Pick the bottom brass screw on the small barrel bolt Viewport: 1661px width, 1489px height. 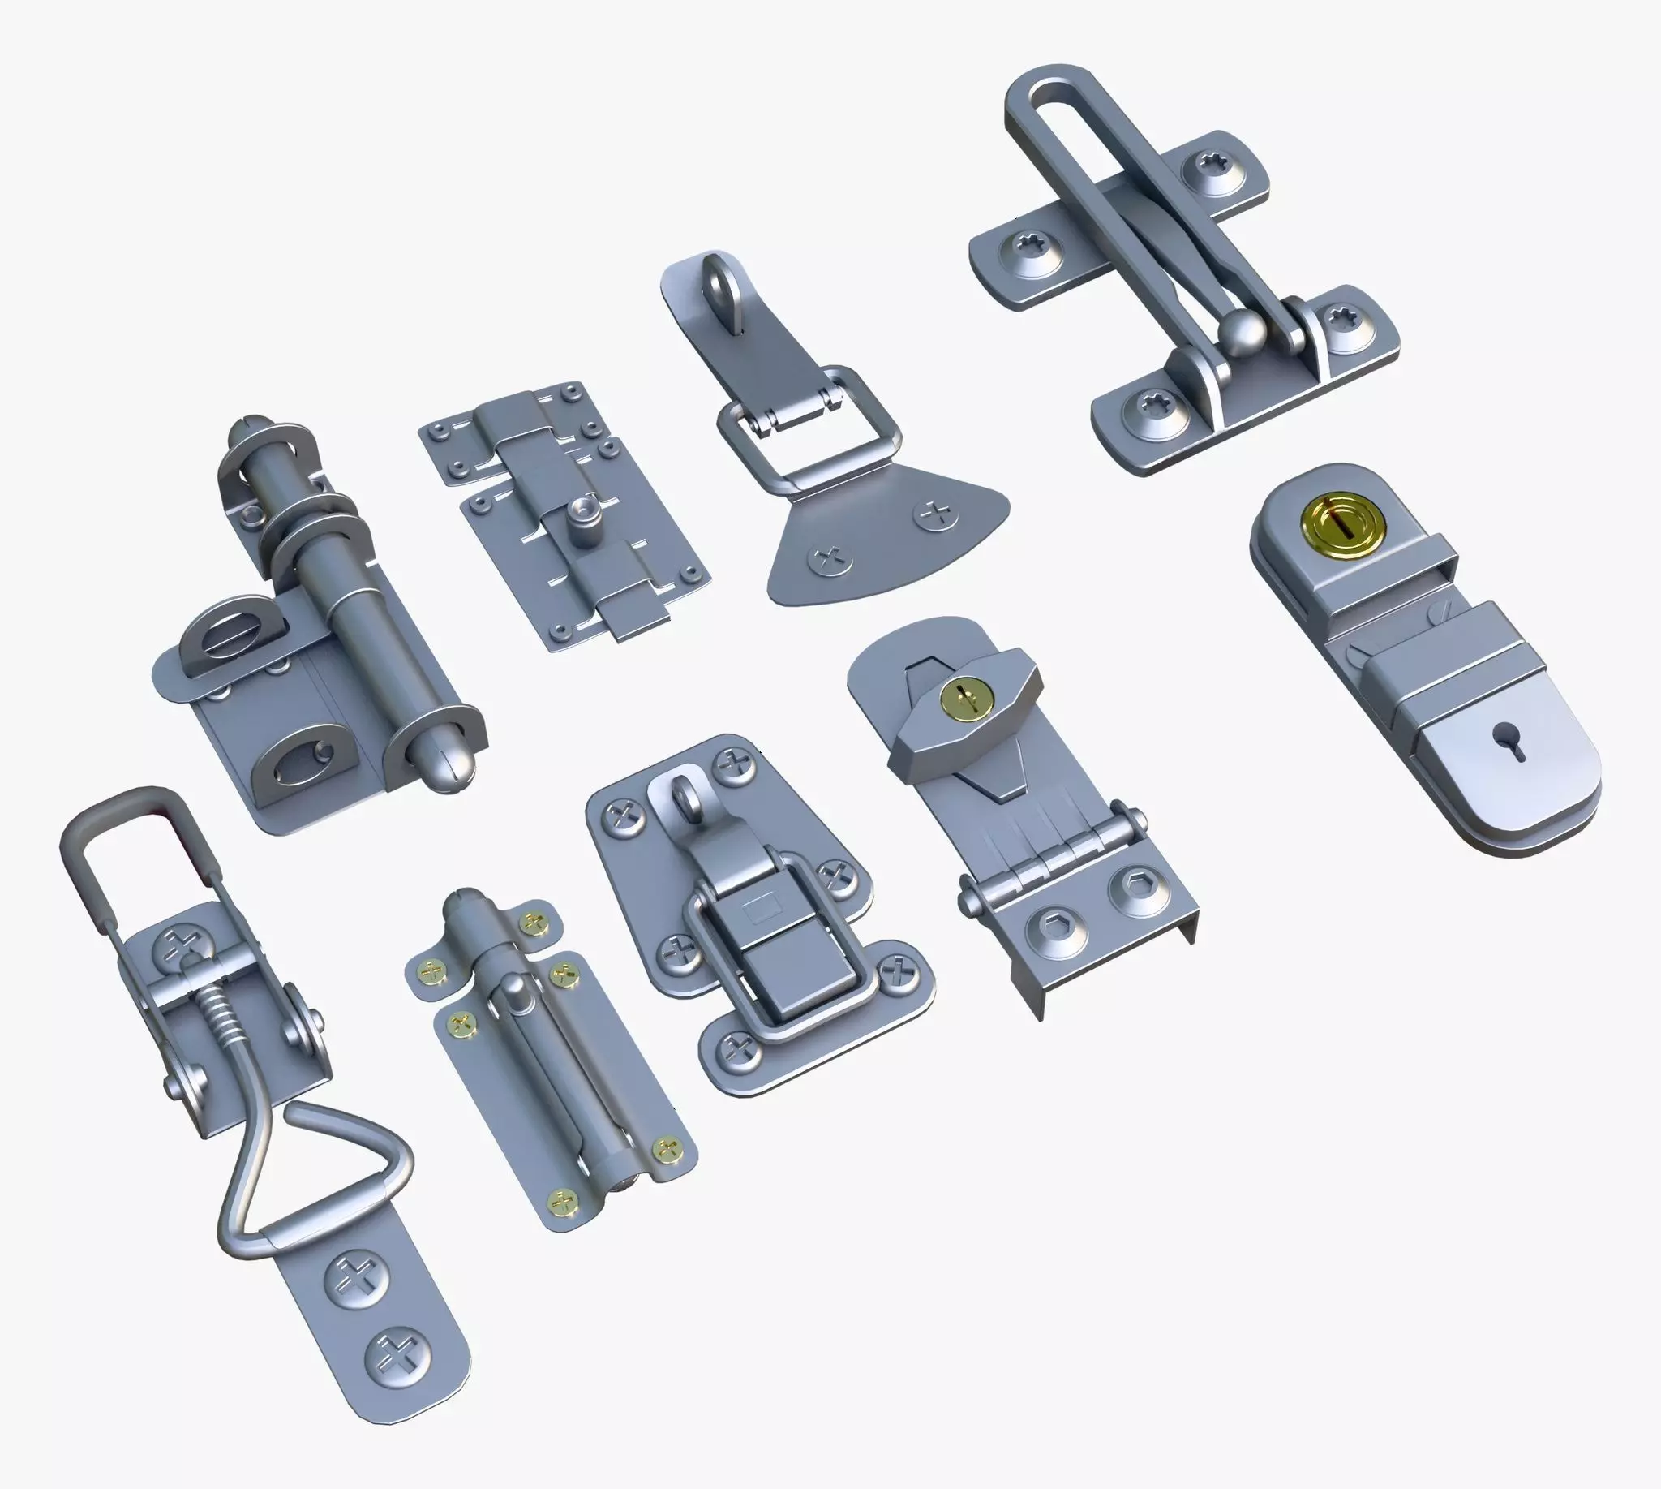(x=562, y=1202)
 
